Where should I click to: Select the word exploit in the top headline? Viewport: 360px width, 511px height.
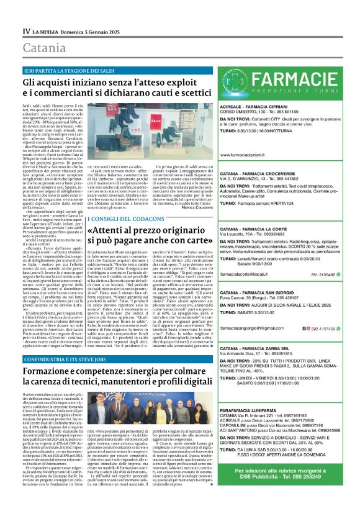[173, 81]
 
